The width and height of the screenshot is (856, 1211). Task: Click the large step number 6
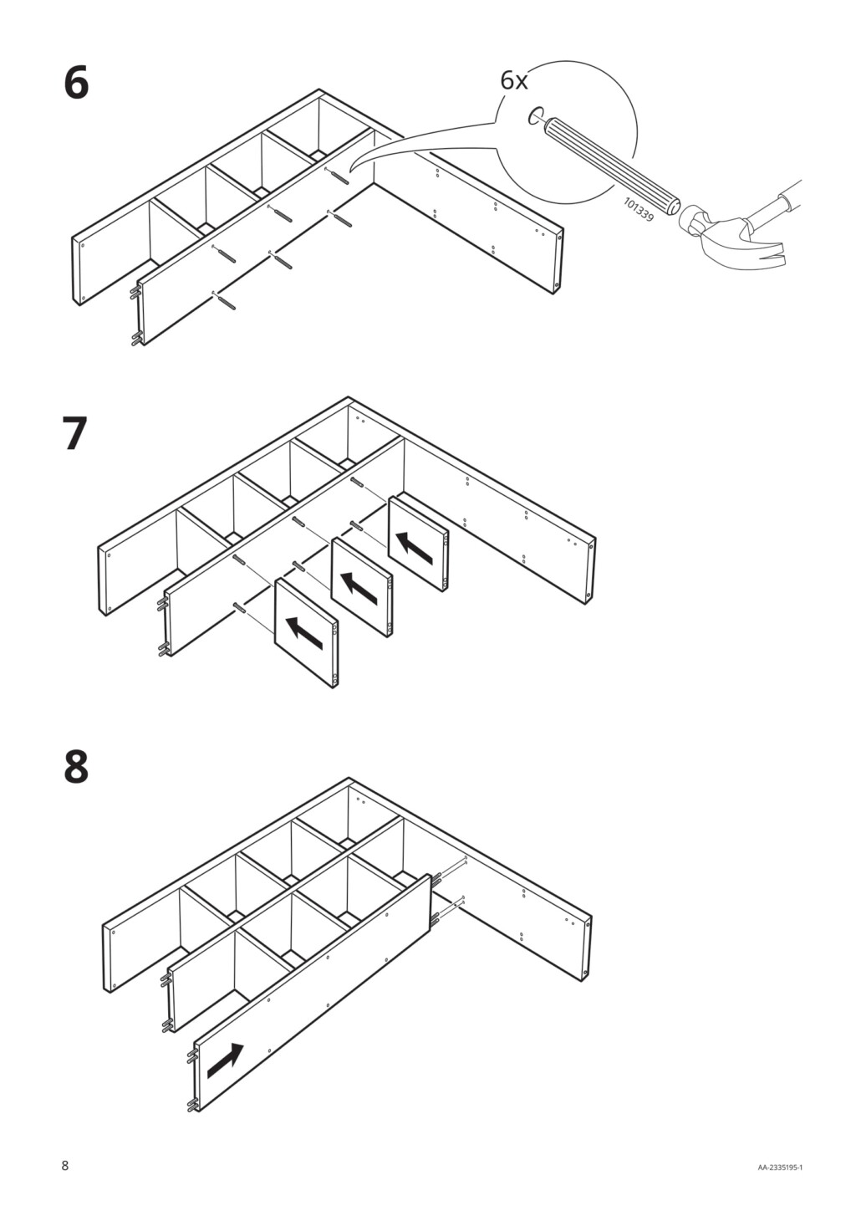coord(76,84)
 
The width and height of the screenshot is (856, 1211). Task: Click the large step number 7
coord(76,435)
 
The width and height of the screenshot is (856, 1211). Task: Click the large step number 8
coord(76,767)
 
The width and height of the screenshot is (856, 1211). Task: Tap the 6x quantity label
coord(514,81)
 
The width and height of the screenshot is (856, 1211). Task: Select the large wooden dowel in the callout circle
coord(612,166)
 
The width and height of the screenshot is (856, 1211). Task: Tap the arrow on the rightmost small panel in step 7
coord(415,547)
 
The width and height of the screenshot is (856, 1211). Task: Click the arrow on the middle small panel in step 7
coord(359,588)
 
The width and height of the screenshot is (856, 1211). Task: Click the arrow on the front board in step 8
coord(225,1060)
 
